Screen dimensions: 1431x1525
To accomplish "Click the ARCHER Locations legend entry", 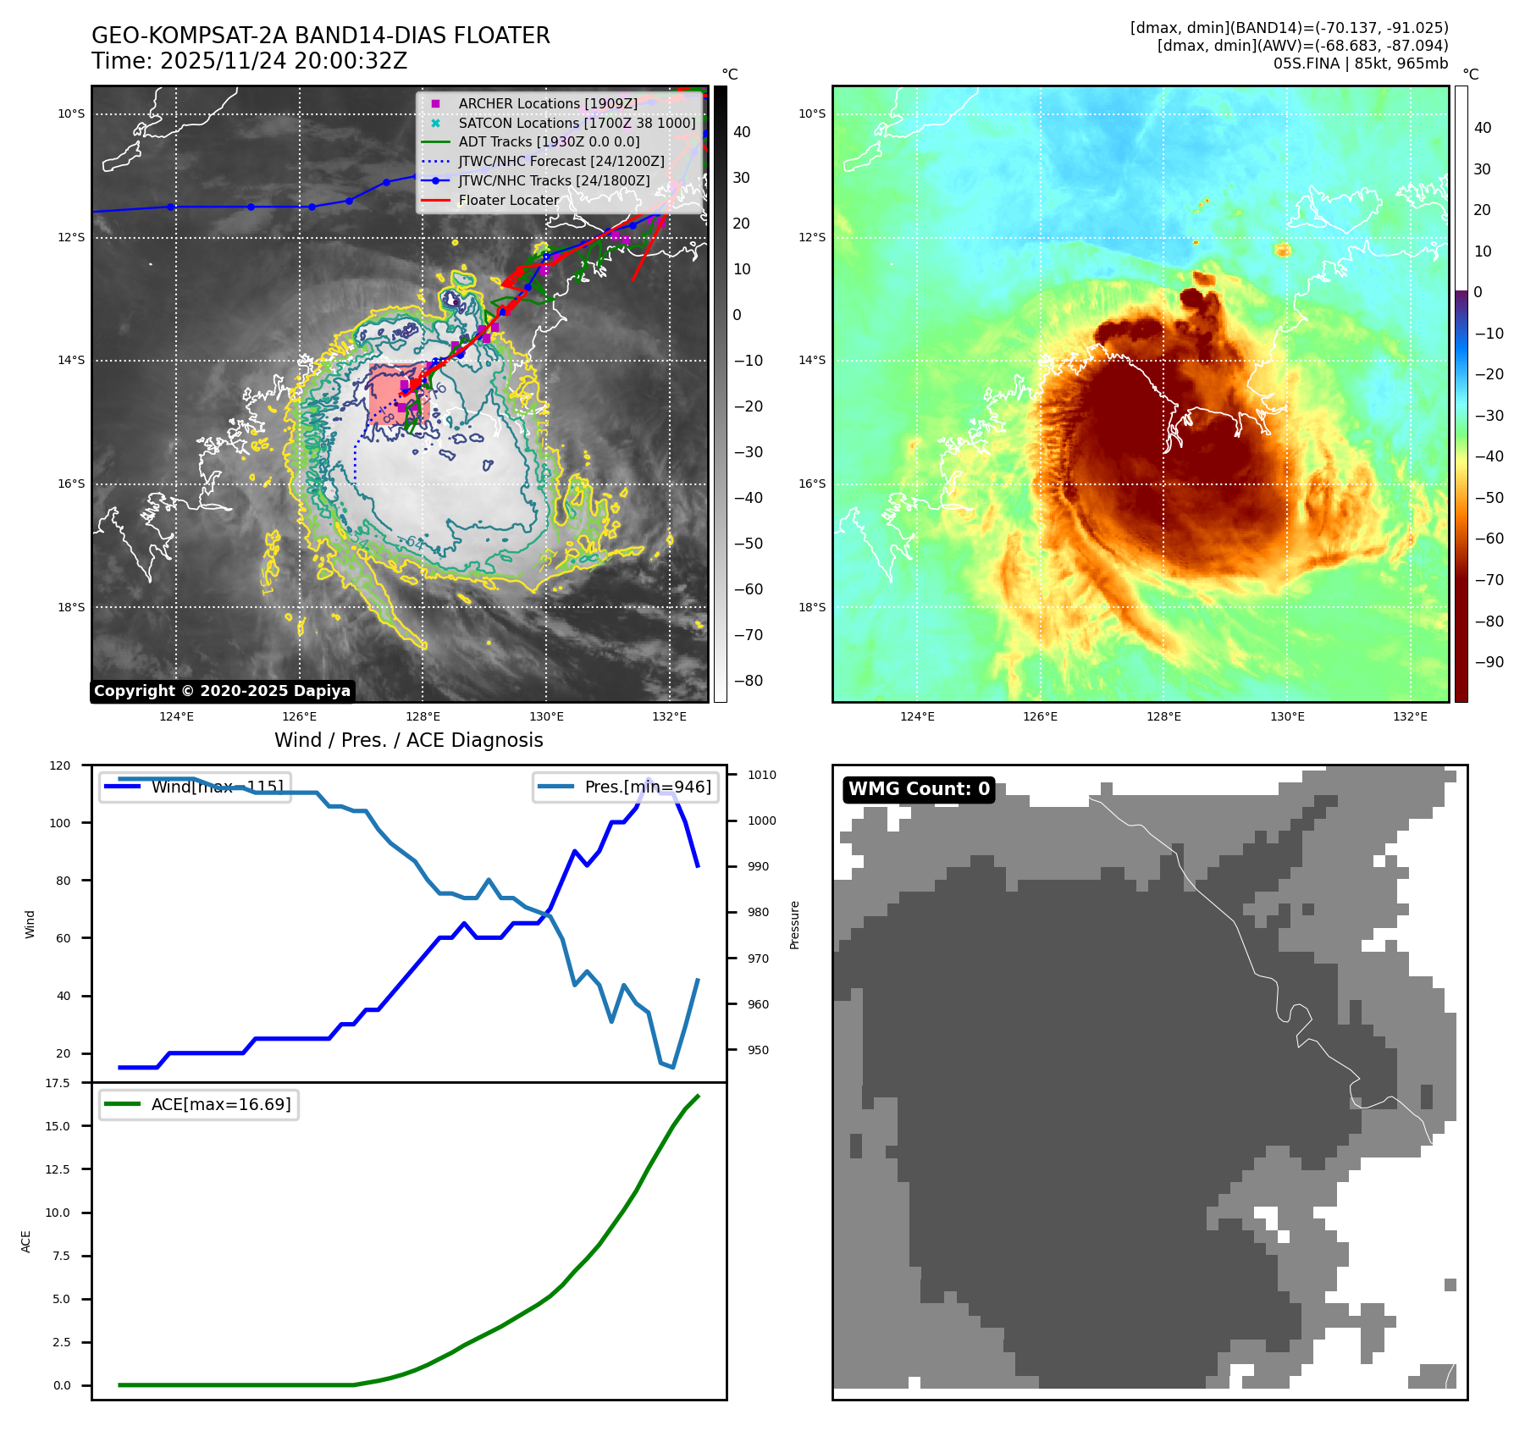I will [x=548, y=103].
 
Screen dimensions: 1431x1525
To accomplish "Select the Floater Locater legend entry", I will [x=508, y=201].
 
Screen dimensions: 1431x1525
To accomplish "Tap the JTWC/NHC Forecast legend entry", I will [x=561, y=162].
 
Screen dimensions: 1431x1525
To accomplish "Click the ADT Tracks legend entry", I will [x=549, y=142].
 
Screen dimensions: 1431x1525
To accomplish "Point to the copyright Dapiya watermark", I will [x=222, y=691].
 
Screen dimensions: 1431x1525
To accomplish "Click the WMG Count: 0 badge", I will [x=919, y=789].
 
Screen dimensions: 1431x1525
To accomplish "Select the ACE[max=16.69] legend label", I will [x=220, y=1104].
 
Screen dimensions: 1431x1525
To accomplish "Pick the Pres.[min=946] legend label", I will [x=647, y=787].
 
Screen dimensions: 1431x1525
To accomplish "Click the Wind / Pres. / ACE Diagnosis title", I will [x=408, y=740].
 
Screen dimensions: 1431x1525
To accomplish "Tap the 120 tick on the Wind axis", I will [x=60, y=765].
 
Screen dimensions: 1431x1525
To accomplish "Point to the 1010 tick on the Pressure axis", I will [x=762, y=775].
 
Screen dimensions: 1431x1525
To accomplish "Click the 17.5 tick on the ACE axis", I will [x=58, y=1083].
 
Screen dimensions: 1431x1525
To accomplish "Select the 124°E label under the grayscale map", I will [x=176, y=717].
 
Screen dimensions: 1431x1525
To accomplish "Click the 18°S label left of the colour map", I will [x=812, y=607].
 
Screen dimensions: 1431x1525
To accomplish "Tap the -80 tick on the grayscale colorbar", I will [x=748, y=681].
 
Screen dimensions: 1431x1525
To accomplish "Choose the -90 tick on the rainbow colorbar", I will [x=1489, y=662].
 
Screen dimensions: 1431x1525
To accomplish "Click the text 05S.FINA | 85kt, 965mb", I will [x=1360, y=64].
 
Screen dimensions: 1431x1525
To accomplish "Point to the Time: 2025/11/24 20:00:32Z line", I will [x=250, y=62].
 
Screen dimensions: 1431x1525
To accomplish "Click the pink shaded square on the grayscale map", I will [x=398, y=395].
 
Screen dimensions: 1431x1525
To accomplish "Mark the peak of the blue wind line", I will [x=649, y=779].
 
